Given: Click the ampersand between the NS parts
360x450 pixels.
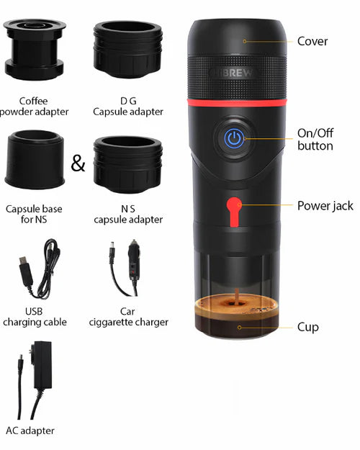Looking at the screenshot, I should (x=78, y=164).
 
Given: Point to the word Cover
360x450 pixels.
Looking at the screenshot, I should (x=312, y=42).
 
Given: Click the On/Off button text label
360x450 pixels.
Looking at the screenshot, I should (x=315, y=140).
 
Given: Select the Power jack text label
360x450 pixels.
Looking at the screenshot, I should (x=325, y=206).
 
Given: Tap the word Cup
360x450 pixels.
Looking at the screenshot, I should (x=307, y=328).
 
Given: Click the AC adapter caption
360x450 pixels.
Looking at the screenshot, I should (x=30, y=431).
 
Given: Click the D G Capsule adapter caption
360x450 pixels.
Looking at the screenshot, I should (x=128, y=107).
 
